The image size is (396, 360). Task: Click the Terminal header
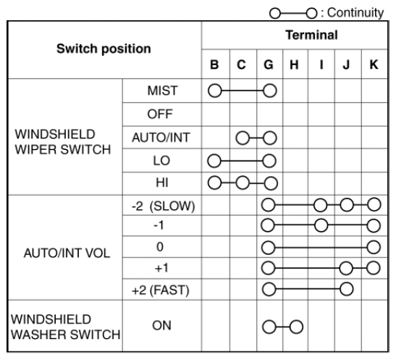click(311, 35)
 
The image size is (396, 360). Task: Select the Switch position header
click(104, 49)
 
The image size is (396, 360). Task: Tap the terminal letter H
click(294, 64)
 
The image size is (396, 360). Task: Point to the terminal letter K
click(374, 64)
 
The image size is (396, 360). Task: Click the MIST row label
click(163, 91)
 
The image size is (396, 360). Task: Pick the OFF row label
click(160, 114)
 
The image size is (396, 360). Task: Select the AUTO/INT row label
click(161, 138)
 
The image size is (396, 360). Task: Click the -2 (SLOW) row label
click(163, 206)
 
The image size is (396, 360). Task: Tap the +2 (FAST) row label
click(161, 290)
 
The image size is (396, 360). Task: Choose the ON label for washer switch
click(161, 325)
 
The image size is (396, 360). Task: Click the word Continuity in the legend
click(355, 12)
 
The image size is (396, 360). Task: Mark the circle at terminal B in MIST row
click(215, 91)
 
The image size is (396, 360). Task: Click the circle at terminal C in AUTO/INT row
click(243, 138)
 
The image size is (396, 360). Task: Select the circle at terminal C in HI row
click(243, 183)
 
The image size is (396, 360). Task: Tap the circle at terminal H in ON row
click(296, 327)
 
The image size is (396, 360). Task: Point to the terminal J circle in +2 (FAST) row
click(346, 289)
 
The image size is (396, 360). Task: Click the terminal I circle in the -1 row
click(321, 225)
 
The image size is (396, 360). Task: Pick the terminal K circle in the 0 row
click(374, 247)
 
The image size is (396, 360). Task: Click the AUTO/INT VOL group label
click(67, 253)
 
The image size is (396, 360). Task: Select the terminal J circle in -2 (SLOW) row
click(347, 205)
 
